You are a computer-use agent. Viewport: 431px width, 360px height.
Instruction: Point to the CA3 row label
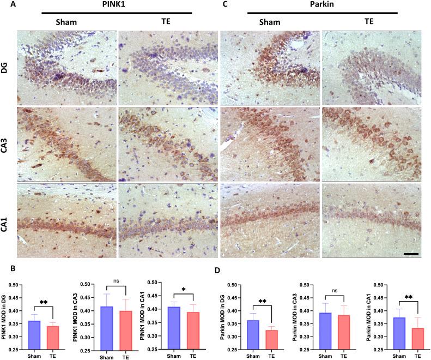click(x=7, y=143)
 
